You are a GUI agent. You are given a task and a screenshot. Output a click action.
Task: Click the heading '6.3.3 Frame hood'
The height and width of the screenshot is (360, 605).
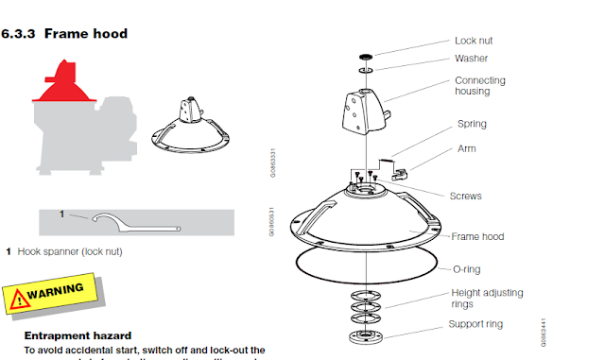(x=64, y=34)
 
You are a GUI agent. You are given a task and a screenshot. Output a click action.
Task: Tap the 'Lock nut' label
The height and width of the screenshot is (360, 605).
(x=474, y=41)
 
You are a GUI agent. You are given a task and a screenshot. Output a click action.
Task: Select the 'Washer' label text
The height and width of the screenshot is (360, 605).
(x=471, y=59)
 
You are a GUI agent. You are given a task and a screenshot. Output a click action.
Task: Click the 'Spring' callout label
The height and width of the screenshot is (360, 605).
(x=472, y=124)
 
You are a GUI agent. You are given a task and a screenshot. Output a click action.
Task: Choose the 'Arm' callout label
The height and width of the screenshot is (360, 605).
(x=466, y=148)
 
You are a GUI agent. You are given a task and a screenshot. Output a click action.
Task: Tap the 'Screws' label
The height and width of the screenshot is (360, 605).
(x=467, y=197)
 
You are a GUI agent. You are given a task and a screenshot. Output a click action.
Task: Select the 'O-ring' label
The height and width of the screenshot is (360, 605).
(x=468, y=269)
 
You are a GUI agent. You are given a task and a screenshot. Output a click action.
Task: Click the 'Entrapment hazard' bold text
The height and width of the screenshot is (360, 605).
(x=77, y=334)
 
